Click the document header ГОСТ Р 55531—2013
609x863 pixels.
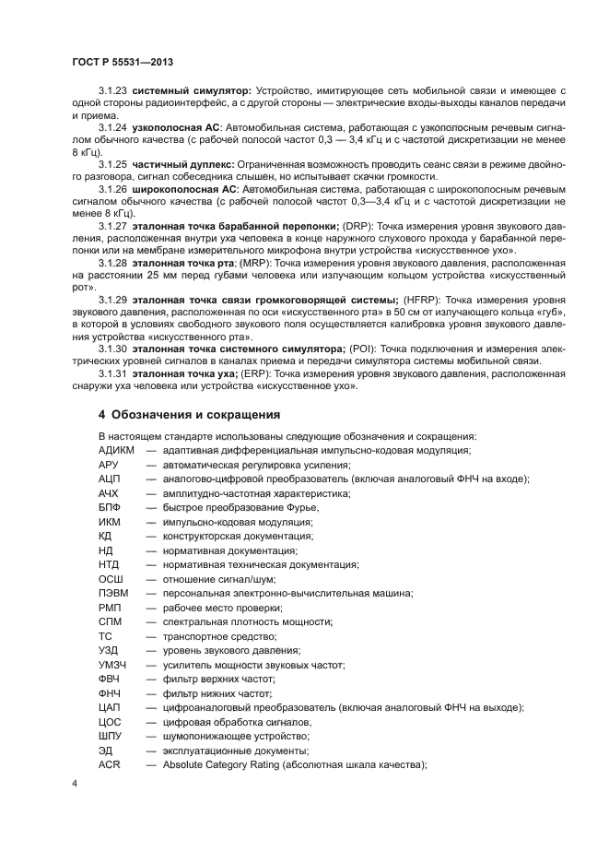click(x=123, y=62)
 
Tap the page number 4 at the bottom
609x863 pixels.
click(x=75, y=783)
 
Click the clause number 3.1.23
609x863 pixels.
click(x=112, y=91)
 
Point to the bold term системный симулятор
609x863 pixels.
click(x=192, y=91)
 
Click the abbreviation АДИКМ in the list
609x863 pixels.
click(x=117, y=449)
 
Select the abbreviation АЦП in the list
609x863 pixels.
click(x=110, y=479)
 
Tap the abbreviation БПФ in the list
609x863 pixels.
click(x=111, y=507)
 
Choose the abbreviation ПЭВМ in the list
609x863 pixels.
click(x=113, y=593)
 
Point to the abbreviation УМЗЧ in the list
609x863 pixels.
click(x=113, y=665)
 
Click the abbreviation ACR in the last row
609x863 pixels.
click(x=110, y=765)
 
